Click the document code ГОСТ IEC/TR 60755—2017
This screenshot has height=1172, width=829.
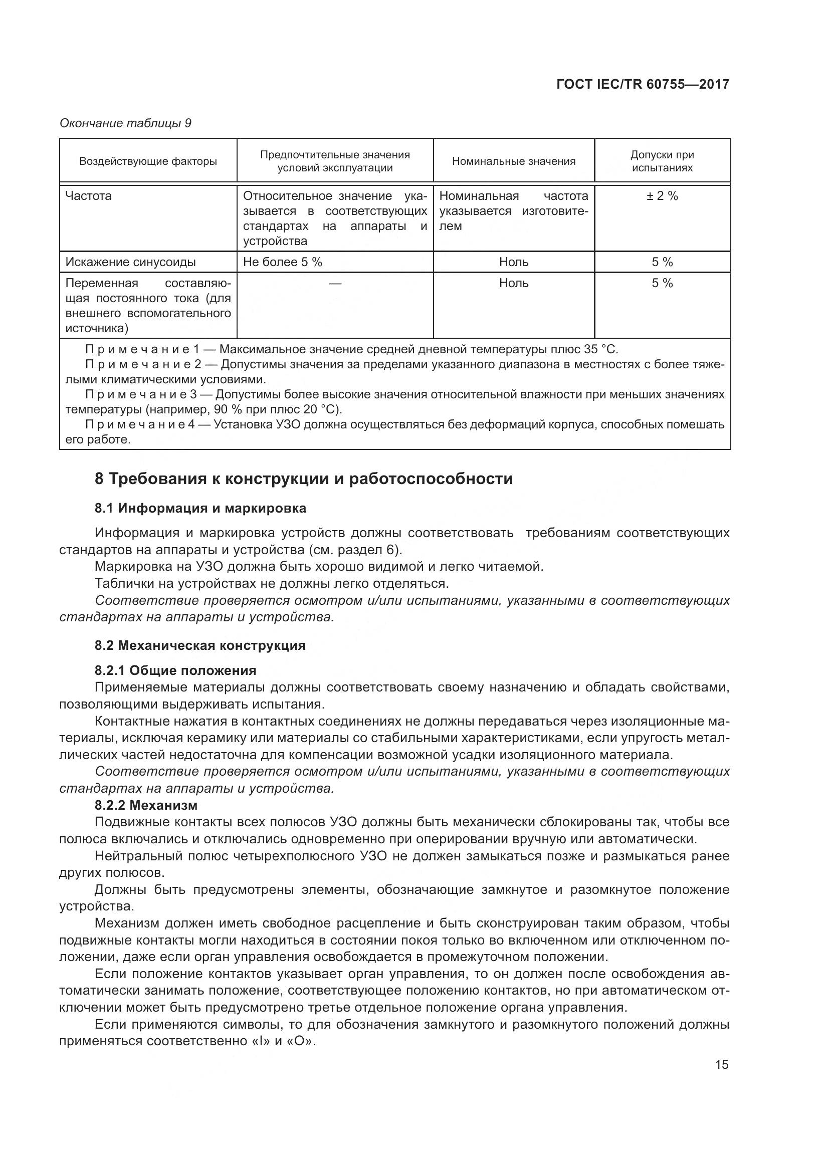click(x=642, y=84)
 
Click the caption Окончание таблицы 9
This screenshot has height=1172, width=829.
click(x=126, y=123)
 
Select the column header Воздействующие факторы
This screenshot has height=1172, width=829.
click(x=148, y=161)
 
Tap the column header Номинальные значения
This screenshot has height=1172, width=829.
click(x=514, y=161)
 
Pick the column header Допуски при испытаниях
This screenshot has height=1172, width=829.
click(x=662, y=161)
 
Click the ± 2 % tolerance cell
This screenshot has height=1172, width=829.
click(x=662, y=196)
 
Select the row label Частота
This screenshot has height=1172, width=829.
click(x=89, y=196)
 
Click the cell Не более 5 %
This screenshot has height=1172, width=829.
click(x=282, y=262)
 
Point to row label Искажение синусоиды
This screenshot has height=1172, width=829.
click(x=131, y=262)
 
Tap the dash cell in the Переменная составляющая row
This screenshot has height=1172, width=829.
click(x=335, y=283)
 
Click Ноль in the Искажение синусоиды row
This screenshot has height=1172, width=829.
click(x=514, y=262)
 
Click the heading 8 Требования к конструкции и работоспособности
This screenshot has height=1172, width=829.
click(x=303, y=479)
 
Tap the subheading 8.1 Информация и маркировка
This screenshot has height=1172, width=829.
click(x=200, y=508)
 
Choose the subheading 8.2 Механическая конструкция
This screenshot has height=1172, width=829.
click(x=199, y=645)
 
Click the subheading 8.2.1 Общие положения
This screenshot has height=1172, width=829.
click(x=175, y=670)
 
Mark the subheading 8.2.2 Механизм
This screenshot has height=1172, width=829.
click(x=146, y=805)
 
